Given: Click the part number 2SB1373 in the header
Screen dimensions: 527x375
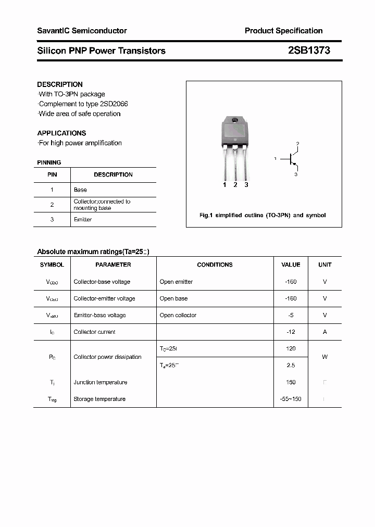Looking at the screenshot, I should pos(309,51).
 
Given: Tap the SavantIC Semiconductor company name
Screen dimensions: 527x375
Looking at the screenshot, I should pos(82,31).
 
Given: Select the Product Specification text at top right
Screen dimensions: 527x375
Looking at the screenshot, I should pos(283,31).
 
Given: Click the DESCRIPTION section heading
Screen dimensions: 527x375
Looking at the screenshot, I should pos(60,84).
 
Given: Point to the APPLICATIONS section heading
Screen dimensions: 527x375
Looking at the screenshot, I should pos(61,133).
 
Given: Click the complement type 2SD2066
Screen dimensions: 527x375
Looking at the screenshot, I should pos(106,104).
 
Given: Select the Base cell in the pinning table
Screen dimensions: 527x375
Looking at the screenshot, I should pos(80,190).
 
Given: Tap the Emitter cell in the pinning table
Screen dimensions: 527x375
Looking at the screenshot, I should pos(83,220).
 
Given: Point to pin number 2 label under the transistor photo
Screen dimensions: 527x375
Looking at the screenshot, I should pos(235,185).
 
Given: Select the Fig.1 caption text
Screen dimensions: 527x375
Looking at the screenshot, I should pos(262,215).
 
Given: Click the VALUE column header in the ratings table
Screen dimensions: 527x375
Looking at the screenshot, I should pos(291,265).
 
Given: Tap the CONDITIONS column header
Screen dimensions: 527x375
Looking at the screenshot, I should pos(215,265).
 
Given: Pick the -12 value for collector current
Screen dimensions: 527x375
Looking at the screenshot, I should pos(291,332).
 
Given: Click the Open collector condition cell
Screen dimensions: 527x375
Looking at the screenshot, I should pos(178,315).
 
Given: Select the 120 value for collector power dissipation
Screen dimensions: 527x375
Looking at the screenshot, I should pos(291,348).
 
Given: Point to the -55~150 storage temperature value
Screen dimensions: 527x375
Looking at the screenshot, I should pos(291,399).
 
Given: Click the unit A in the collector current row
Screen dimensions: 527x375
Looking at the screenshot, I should pos(324,332).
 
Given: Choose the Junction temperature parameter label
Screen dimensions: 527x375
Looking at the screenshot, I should pos(100,382).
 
